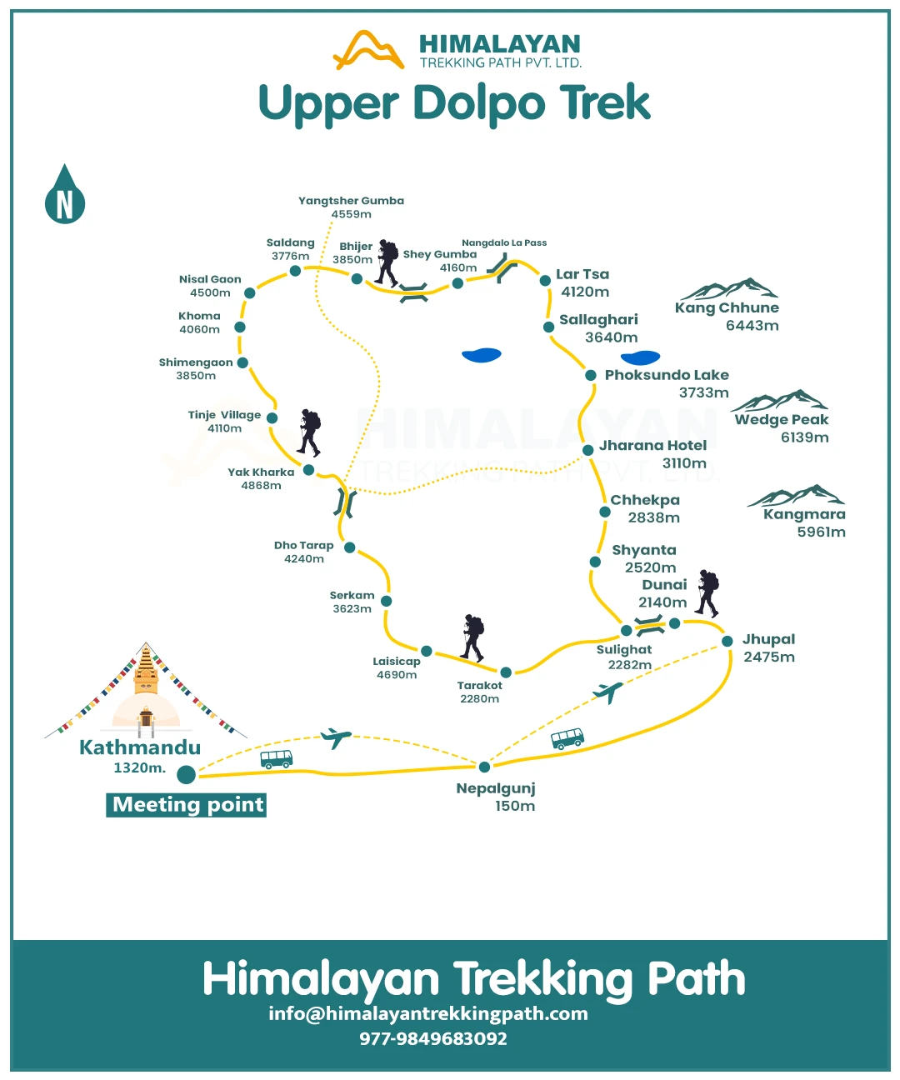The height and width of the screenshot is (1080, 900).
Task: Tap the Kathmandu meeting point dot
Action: click(186, 774)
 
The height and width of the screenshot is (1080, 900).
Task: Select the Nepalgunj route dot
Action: click(484, 767)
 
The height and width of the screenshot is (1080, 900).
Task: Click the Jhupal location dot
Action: click(727, 641)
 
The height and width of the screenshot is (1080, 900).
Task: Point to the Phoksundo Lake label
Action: click(667, 376)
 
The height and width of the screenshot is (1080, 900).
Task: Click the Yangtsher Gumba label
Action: click(351, 201)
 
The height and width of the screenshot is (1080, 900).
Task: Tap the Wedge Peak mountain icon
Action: click(779, 401)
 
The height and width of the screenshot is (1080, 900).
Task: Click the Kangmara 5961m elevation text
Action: click(821, 532)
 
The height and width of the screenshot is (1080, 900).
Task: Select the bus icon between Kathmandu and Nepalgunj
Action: click(276, 759)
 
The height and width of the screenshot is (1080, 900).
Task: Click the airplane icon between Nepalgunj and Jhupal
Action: click(607, 692)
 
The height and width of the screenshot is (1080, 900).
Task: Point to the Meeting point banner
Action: click(186, 805)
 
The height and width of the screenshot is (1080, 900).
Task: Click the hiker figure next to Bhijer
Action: click(387, 262)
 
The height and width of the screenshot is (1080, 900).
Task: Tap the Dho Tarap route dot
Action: click(350, 547)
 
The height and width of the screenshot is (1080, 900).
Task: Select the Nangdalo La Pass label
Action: click(504, 242)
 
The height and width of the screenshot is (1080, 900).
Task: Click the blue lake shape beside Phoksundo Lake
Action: click(640, 357)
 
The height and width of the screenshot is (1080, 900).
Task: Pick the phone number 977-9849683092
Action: click(433, 1038)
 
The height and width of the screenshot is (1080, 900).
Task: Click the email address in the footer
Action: click(428, 1014)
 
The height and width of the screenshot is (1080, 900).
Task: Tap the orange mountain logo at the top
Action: click(368, 50)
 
